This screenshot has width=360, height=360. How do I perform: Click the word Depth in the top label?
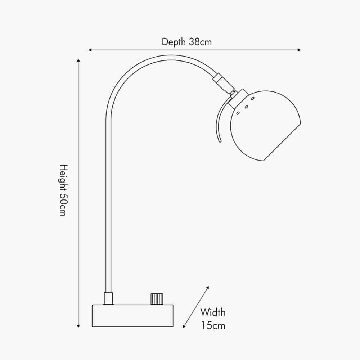coord(174,42)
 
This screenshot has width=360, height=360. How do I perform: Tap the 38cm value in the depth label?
coord(200,42)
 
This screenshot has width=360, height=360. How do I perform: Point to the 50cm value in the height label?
coord(63,205)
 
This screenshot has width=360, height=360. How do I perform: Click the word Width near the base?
coord(213,312)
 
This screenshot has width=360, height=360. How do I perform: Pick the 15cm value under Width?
coord(213,325)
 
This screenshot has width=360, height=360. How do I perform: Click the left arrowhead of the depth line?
coord(90,50)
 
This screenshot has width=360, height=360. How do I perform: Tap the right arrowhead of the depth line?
coord(299,50)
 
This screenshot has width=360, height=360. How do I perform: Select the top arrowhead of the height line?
coord(78,60)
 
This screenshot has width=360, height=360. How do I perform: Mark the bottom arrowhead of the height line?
coord(78,326)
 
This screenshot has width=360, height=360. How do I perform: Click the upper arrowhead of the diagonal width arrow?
coord(208,288)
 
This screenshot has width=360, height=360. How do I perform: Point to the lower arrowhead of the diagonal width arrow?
coord(184,326)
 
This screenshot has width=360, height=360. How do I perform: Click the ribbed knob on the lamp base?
coord(157,299)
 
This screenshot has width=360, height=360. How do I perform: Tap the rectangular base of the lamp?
coord(133,316)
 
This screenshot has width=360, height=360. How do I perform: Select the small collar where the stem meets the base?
coord(108,298)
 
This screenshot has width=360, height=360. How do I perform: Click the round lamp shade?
coord(265,126)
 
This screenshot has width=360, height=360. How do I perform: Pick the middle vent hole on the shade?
coord(246,107)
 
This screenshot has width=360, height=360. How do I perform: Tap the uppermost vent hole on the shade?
coord(253,99)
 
